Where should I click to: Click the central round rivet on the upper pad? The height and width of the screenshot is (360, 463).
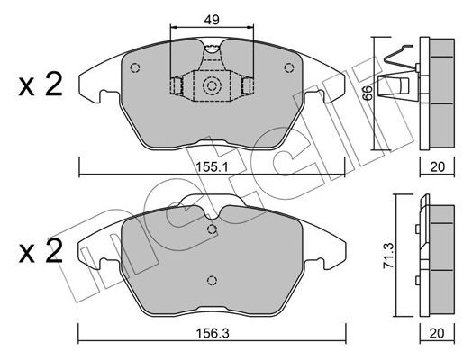tap(213, 87)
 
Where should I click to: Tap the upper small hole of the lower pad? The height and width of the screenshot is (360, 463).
tap(213, 229)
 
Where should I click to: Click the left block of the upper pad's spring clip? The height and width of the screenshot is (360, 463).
tap(177, 86)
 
